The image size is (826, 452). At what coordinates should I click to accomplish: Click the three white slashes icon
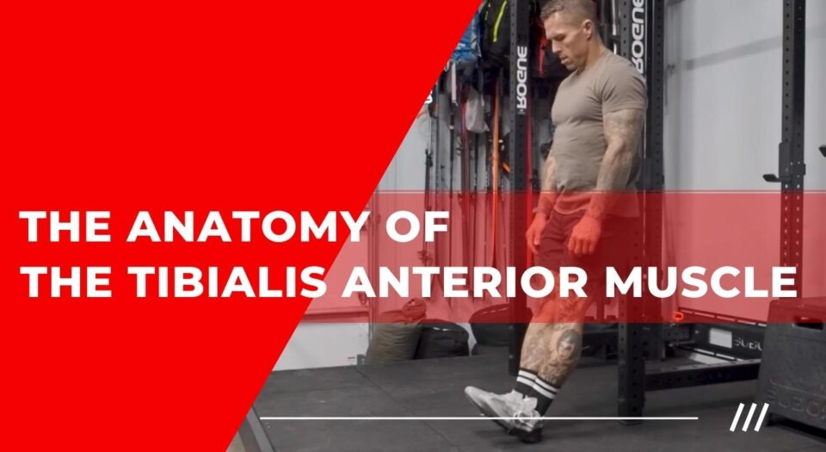pyautogui.click(x=749, y=418)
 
